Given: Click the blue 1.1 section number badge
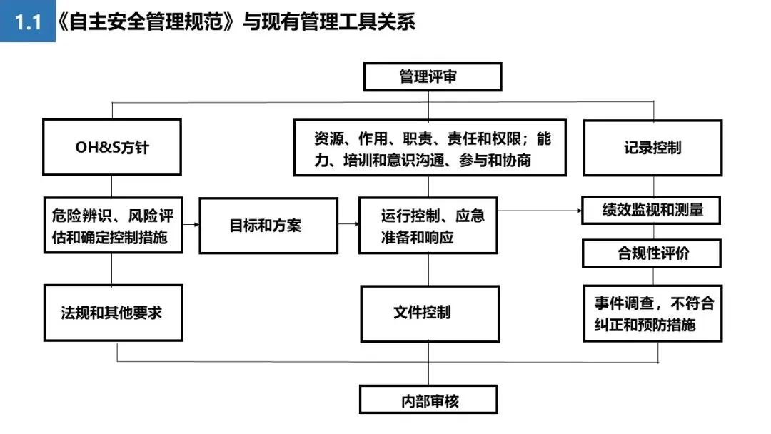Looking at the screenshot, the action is [x=28, y=21].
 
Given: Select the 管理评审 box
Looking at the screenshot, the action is [x=432, y=76].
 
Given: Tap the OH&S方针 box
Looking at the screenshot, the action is [x=112, y=147].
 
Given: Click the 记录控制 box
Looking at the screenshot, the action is [x=652, y=148].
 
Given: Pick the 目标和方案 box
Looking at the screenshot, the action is [x=268, y=226].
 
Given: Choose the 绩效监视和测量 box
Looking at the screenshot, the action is [x=651, y=211].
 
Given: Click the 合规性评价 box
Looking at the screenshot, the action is [x=652, y=253].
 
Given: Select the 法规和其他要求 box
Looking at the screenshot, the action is [x=113, y=313].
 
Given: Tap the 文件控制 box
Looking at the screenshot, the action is [x=430, y=313].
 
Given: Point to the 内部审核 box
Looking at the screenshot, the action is [x=428, y=400].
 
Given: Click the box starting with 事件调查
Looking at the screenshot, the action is [x=652, y=313].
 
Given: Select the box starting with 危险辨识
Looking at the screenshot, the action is [x=113, y=226].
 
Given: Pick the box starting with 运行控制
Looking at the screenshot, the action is [x=428, y=226].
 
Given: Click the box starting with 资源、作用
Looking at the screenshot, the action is [x=430, y=148].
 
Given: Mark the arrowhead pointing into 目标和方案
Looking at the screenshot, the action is [x=196, y=225].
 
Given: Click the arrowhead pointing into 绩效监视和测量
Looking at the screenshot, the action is [x=579, y=211].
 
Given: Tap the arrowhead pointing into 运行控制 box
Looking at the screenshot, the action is [x=356, y=224].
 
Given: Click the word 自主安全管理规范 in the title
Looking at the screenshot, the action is [x=146, y=21].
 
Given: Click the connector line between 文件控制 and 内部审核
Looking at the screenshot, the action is [x=428, y=364].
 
